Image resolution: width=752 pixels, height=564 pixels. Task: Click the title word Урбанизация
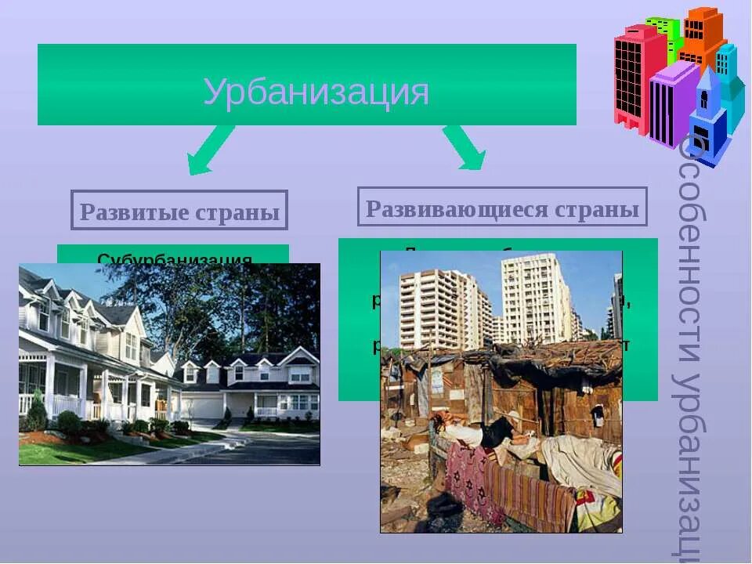pyautogui.click(x=316, y=92)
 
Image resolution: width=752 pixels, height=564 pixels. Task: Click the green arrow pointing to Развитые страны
pyautogui.click(x=210, y=150)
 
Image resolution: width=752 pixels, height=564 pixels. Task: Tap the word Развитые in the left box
pyautogui.click(x=128, y=212)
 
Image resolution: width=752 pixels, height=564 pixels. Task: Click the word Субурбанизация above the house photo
pyautogui.click(x=174, y=258)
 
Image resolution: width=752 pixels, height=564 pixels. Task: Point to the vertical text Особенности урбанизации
pyautogui.click(x=689, y=345)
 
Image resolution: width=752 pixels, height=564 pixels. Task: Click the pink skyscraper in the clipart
pyautogui.click(x=631, y=78)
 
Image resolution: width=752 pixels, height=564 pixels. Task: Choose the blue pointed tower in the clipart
pyautogui.click(x=707, y=117)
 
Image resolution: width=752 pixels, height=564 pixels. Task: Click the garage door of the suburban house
pyautogui.click(x=202, y=406)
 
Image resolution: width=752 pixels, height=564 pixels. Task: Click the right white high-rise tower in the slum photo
pyautogui.click(x=538, y=298)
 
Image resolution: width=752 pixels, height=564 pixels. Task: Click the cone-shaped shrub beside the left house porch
pyautogui.click(x=37, y=411)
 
